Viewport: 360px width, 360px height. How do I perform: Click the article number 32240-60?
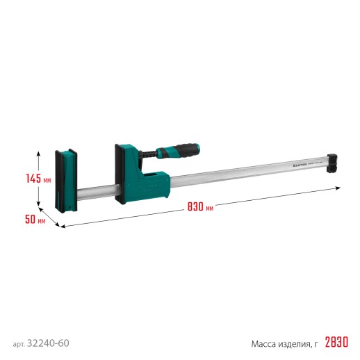tap(49, 325)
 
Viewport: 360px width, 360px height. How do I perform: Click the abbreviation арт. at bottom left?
tap(19, 325)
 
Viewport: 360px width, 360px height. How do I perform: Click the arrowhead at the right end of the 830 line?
tap(338, 188)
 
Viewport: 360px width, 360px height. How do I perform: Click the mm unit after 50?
tap(42, 221)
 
